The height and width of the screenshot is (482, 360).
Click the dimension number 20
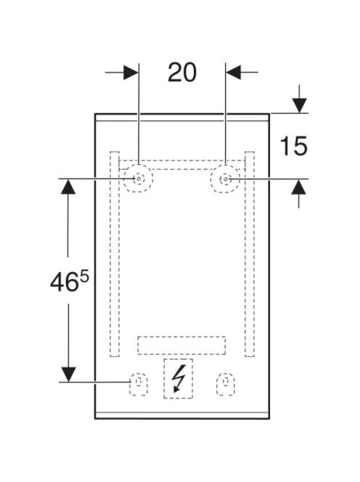(x=182, y=73)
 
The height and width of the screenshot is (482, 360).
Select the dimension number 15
(x=294, y=146)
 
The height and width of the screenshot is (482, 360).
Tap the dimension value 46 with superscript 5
(x=70, y=281)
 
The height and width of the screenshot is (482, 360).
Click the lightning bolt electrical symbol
(x=179, y=378)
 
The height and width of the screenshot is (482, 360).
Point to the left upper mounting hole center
(x=139, y=179)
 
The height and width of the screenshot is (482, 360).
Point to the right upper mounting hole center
(x=226, y=179)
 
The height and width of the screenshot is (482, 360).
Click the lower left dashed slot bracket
(x=139, y=384)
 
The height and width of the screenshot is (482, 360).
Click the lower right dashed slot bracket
(x=226, y=384)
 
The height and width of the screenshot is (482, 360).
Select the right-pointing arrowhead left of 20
(x=131, y=73)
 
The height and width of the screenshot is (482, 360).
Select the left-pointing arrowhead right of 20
(x=233, y=73)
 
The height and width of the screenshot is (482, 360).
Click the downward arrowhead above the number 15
(x=299, y=105)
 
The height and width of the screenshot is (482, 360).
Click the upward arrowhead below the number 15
(x=299, y=187)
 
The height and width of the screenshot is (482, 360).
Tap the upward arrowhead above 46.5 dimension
(x=68, y=187)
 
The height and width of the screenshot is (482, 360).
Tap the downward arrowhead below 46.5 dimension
(x=68, y=375)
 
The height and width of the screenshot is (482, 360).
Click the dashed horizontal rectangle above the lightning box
(x=181, y=346)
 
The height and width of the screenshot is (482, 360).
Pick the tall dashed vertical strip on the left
(x=115, y=254)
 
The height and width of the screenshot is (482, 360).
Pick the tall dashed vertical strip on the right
(x=250, y=254)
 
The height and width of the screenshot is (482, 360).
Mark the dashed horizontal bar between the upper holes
(x=181, y=165)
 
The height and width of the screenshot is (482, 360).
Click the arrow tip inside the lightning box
(x=175, y=392)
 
